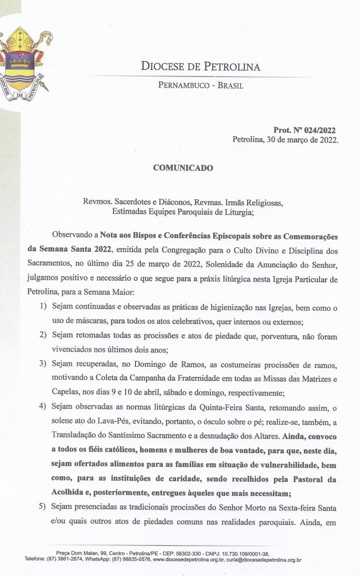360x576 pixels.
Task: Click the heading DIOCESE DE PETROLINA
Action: click(200, 67)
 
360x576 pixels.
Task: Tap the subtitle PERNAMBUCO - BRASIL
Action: click(200, 86)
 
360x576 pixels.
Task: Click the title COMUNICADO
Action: click(183, 168)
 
